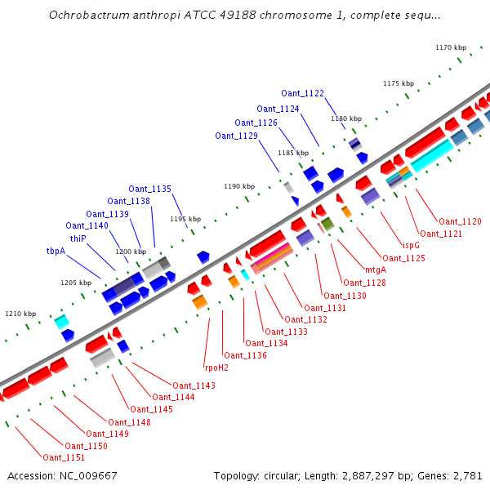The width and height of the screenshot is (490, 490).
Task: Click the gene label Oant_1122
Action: [303, 93]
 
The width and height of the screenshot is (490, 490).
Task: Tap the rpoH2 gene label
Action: [216, 367]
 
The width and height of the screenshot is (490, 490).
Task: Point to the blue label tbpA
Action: [56, 252]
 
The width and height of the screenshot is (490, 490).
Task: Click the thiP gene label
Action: [78, 238]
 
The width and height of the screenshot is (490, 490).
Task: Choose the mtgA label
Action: [376, 270]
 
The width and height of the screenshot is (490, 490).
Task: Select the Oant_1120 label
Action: [461, 221]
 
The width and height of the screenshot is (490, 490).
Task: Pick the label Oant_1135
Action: [150, 189]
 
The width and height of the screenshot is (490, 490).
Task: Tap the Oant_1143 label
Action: [194, 385]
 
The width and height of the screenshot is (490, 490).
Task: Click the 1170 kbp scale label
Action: [450, 47]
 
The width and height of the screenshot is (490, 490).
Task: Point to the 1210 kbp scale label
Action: [20, 314]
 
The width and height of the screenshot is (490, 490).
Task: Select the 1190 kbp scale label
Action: [239, 186]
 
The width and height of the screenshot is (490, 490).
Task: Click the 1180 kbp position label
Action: [345, 118]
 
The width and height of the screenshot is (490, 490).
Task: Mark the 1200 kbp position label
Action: [131, 252]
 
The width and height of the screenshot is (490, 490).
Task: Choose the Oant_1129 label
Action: [237, 136]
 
